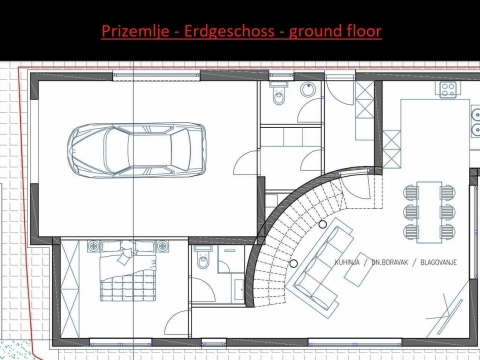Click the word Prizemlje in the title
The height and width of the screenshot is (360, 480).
tap(135, 31)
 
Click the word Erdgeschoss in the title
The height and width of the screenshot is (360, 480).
tap(229, 31)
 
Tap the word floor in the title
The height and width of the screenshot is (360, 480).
tap(364, 31)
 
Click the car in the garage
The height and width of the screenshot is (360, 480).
tap(137, 150)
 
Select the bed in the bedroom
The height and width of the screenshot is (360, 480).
tap(128, 271)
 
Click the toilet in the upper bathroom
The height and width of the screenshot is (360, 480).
tap(279, 93)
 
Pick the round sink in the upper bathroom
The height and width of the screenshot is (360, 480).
tap(308, 90)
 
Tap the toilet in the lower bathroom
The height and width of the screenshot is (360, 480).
tap(203, 258)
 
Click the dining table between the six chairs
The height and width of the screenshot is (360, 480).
tap(429, 212)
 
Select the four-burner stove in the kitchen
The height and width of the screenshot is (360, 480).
tap(448, 90)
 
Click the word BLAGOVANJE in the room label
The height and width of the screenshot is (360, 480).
tap(439, 262)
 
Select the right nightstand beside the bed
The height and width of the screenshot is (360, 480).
tap(162, 246)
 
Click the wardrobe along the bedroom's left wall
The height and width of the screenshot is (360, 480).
tap(70, 289)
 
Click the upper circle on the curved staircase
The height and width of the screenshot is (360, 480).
tap(322, 224)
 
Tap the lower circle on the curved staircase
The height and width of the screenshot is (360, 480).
tap(293, 264)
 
